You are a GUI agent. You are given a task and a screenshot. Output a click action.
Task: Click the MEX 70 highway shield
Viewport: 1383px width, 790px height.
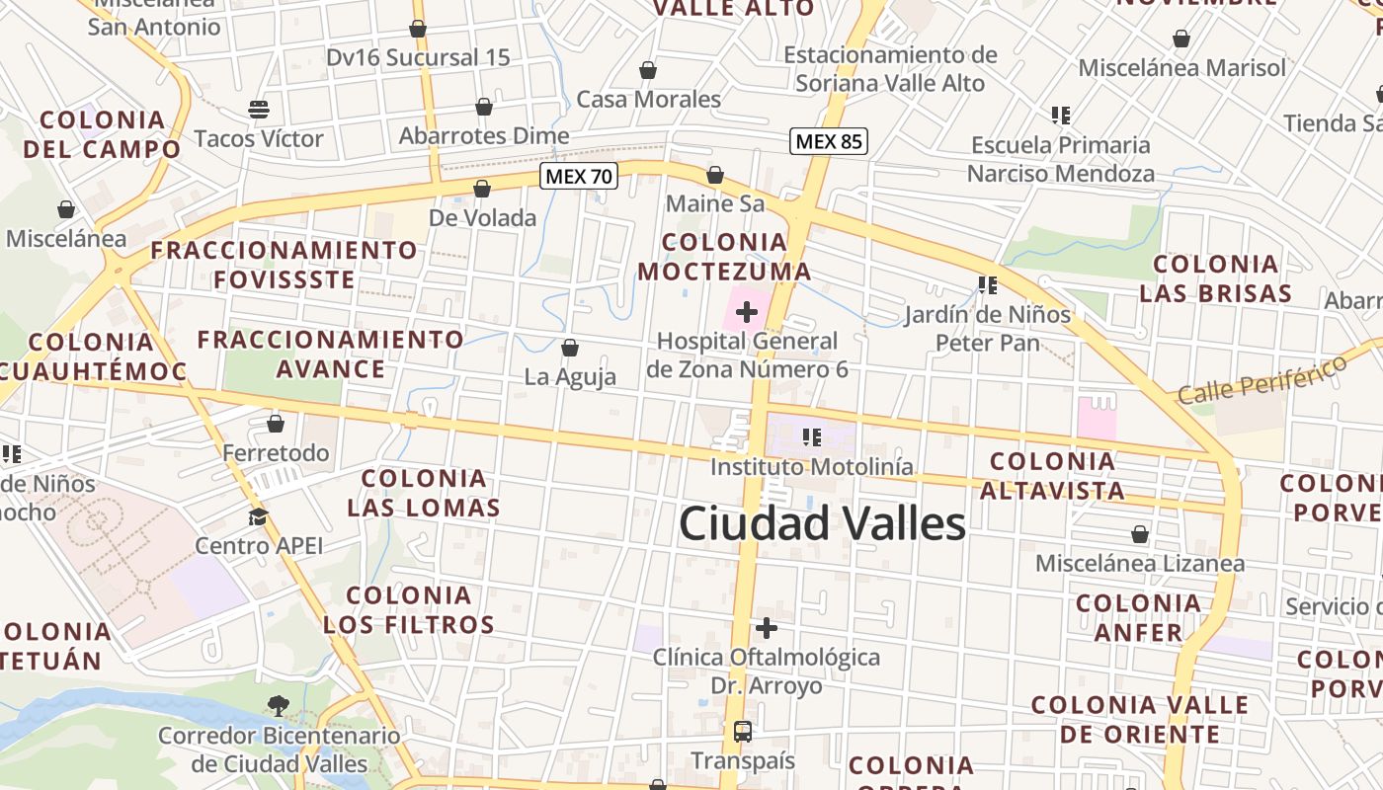coord(579,177)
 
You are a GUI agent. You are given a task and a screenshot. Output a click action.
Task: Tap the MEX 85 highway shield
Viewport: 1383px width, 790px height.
coord(829,141)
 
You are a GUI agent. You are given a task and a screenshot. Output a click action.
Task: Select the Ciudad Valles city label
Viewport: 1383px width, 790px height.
coord(822,523)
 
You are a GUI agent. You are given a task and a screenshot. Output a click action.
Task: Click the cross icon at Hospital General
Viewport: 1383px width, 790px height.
coord(747,313)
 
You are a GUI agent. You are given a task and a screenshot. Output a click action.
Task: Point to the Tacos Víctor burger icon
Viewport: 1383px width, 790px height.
coord(259,109)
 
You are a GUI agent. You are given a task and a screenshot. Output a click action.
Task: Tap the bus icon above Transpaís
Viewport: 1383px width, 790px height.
coord(743,732)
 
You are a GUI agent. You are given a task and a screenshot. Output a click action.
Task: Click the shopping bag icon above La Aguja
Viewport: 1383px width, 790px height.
coord(570,348)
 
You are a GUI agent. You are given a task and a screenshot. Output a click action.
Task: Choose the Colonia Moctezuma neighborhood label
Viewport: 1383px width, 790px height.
coord(724,257)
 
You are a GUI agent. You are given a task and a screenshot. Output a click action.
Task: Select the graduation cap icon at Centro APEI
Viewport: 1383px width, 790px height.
coord(259,516)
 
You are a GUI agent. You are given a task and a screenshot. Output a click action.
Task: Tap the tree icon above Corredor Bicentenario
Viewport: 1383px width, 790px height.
coord(279,705)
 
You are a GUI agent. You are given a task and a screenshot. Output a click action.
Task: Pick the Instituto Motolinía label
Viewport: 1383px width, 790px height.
coord(812,466)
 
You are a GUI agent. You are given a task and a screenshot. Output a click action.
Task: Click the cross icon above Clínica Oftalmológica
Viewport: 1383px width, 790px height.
coord(767,627)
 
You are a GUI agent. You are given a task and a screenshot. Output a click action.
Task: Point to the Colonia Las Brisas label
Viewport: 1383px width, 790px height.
coord(1215,278)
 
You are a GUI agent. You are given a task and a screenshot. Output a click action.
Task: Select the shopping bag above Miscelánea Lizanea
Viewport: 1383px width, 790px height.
coord(1140,534)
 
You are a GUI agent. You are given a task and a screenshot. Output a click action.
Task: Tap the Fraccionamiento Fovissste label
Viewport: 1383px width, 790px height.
coord(284,265)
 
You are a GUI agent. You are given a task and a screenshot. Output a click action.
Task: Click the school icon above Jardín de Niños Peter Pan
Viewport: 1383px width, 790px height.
coord(987,285)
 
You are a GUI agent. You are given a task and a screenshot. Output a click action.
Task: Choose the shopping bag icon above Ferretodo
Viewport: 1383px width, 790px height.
coord(276,424)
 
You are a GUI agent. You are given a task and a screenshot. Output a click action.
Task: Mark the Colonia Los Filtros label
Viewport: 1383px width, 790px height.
coord(408,609)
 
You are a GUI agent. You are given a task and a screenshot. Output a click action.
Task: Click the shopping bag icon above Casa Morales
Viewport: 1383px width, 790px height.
coord(648,70)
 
